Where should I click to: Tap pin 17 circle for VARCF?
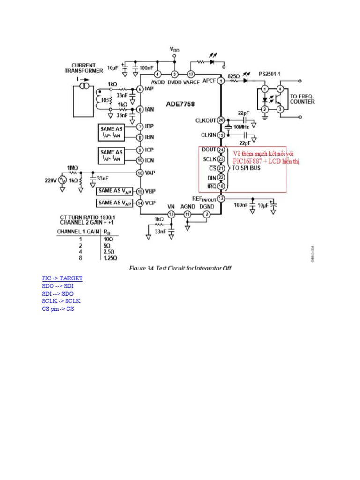191,75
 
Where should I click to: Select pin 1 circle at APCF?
221,81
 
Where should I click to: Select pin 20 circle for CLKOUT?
221,120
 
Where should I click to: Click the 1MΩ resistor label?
73,167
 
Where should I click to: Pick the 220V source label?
50,180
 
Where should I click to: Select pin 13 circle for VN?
172,214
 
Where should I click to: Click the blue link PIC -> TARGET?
62,278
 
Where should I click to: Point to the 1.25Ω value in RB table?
110,258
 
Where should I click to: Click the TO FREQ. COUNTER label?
302,98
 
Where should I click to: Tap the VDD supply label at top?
174,49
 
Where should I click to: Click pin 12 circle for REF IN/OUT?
221,198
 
